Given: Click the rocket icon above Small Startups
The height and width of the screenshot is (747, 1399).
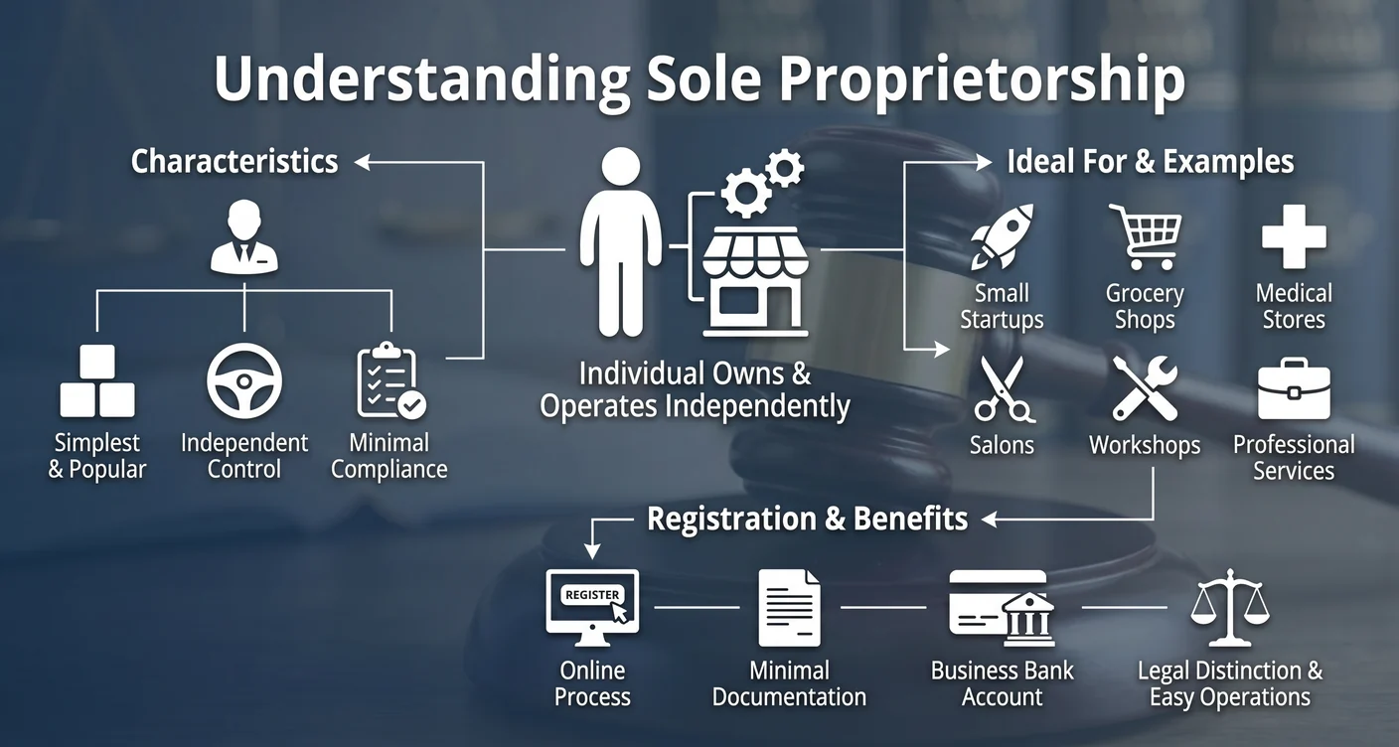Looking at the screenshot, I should (1002, 236).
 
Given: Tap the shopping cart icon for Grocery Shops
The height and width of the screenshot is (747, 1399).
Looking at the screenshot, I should (1146, 236).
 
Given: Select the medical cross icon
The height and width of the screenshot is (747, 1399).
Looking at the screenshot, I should (1293, 236).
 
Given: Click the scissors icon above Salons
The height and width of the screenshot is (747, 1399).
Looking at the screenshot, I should (1002, 389).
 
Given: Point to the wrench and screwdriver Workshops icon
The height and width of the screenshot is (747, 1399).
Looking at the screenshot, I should (1145, 389).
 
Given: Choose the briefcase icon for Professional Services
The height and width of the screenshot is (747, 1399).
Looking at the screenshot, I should (1293, 389).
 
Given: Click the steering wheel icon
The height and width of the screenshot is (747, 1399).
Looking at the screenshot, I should (244, 381).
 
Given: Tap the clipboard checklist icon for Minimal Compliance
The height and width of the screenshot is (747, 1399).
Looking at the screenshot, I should (389, 381).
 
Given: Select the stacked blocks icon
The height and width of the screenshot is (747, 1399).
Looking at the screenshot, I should (97, 381).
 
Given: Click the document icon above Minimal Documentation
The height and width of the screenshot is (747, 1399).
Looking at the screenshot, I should (790, 607).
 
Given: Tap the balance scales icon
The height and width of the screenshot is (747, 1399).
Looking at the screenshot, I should (1229, 607).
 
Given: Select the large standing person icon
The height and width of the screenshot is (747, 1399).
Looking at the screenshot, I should (621, 243).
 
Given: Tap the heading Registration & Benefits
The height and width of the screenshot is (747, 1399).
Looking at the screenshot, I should (807, 519).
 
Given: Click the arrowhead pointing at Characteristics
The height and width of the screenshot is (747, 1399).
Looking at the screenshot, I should (363, 161).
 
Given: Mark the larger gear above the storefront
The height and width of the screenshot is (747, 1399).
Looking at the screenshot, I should (744, 192).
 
